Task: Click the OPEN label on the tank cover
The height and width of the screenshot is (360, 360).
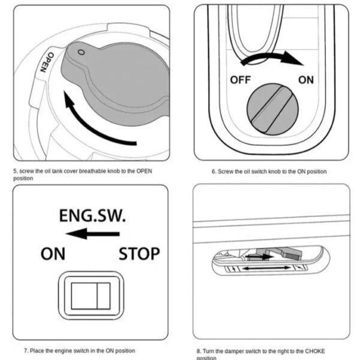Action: click(43, 62)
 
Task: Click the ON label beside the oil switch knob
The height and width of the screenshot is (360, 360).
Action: click(305, 80)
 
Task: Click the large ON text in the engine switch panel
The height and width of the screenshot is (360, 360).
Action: click(53, 254)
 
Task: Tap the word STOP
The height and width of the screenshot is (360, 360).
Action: click(139, 254)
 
